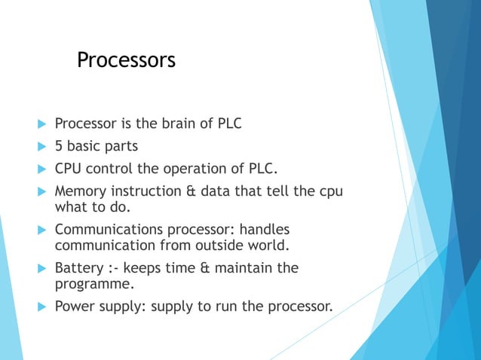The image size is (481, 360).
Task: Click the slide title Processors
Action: point(126,59)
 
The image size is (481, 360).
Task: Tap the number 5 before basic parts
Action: point(59,145)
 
